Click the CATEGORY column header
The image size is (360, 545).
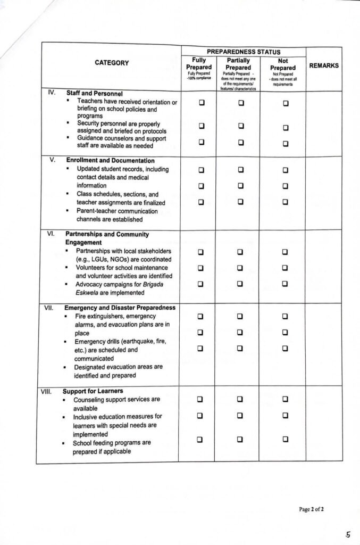point(112,63)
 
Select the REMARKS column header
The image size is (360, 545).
point(324,65)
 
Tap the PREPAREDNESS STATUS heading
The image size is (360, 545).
point(243,52)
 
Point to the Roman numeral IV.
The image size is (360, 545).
point(52,92)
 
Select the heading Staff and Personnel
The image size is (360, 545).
point(95,93)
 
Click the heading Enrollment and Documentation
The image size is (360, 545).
point(110,160)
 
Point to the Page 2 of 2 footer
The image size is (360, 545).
point(311,509)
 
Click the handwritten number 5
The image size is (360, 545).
point(348,534)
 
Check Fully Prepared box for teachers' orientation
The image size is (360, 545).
point(202,103)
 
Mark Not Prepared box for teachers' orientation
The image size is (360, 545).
point(286,103)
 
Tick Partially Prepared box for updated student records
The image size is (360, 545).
point(240,170)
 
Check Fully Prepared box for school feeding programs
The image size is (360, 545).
point(200,440)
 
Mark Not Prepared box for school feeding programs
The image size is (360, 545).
point(285,440)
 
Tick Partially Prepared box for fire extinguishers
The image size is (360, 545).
point(240,317)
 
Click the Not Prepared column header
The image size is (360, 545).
point(282,68)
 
